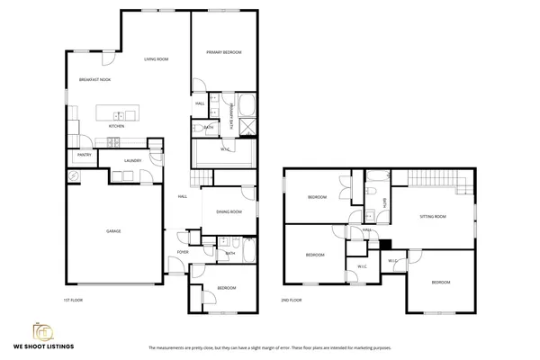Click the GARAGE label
(x=113, y=231)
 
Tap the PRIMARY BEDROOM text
(x=223, y=53)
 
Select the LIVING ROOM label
(x=157, y=59)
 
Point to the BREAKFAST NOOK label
(x=94, y=80)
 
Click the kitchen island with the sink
(x=117, y=114)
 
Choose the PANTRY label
(x=85, y=155)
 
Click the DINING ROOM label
(x=229, y=212)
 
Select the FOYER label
(x=183, y=253)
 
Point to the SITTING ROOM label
(x=433, y=217)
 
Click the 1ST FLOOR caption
(x=73, y=300)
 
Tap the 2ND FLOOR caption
(x=291, y=300)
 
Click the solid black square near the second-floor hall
(x=385, y=243)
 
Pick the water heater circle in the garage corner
(x=75, y=177)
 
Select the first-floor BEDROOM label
(x=227, y=288)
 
